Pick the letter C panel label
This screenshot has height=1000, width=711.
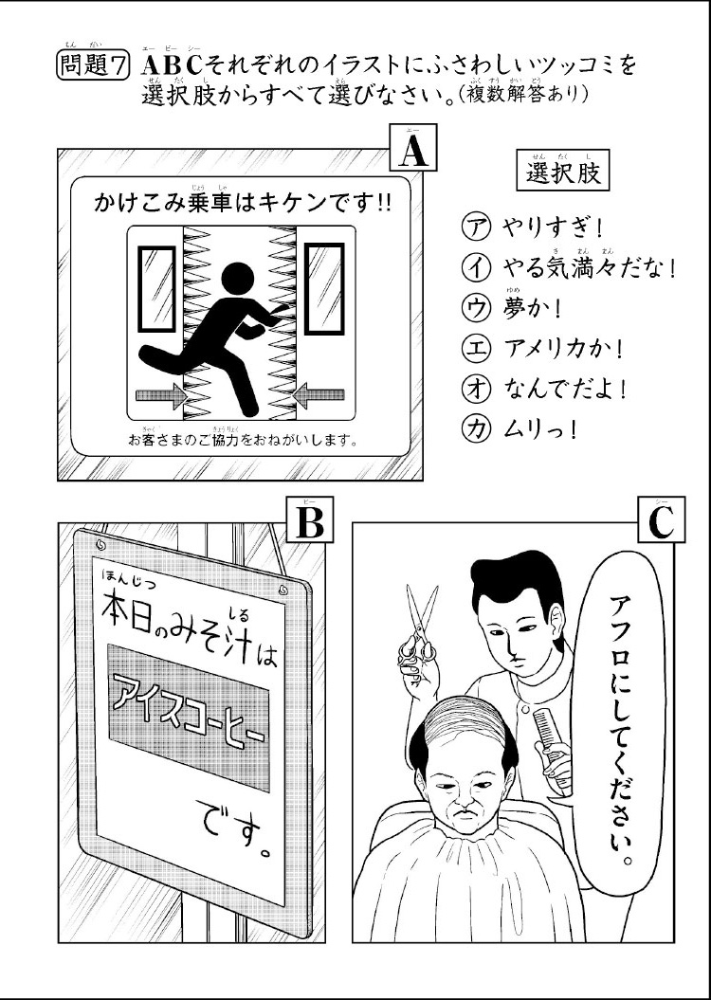click(x=660, y=521)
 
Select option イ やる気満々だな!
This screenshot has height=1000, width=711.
click(x=569, y=268)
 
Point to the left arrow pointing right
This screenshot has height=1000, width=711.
click(x=160, y=393)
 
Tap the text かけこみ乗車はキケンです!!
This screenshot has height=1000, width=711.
click(x=244, y=203)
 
